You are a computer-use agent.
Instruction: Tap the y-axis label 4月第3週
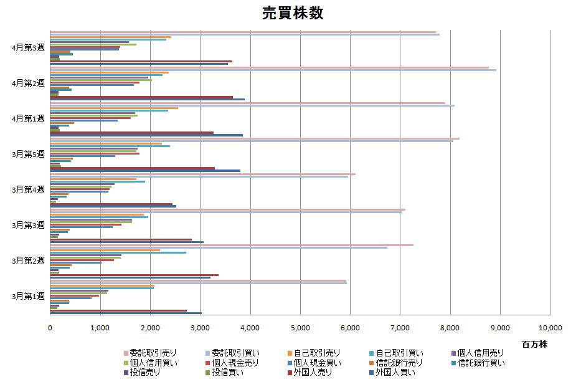point(28,47)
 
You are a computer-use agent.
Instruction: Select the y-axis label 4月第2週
point(28,83)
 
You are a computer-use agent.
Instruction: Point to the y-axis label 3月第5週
point(28,154)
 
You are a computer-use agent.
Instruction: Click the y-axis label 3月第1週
point(28,296)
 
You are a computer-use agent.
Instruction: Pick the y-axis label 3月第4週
point(28,189)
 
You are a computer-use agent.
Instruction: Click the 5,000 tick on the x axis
point(300,328)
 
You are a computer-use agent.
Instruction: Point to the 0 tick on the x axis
point(50,328)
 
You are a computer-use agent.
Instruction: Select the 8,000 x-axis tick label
point(450,328)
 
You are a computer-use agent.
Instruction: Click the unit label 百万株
point(535,344)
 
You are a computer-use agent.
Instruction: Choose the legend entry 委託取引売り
point(149,353)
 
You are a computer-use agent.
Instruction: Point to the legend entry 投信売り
point(144,373)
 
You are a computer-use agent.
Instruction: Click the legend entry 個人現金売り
point(234,363)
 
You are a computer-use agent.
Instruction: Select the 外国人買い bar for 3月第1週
point(125,313)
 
